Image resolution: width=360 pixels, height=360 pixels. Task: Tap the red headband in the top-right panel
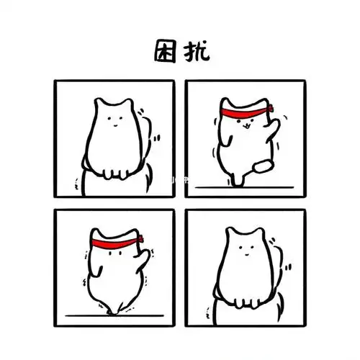click(x=240, y=113)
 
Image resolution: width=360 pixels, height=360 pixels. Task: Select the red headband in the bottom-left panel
click(x=115, y=240)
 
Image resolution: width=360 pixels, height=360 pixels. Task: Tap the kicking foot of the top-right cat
click(x=266, y=166)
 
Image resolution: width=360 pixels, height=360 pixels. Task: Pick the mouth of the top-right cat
click(x=243, y=126)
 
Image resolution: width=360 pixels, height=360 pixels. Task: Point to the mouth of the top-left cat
click(x=114, y=122)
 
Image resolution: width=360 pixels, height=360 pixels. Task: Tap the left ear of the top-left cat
click(x=101, y=105)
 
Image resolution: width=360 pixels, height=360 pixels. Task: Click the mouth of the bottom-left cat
click(x=115, y=253)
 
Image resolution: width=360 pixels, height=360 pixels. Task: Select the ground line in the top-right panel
click(x=245, y=186)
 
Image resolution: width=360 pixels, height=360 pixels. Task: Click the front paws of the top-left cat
click(x=115, y=172)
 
